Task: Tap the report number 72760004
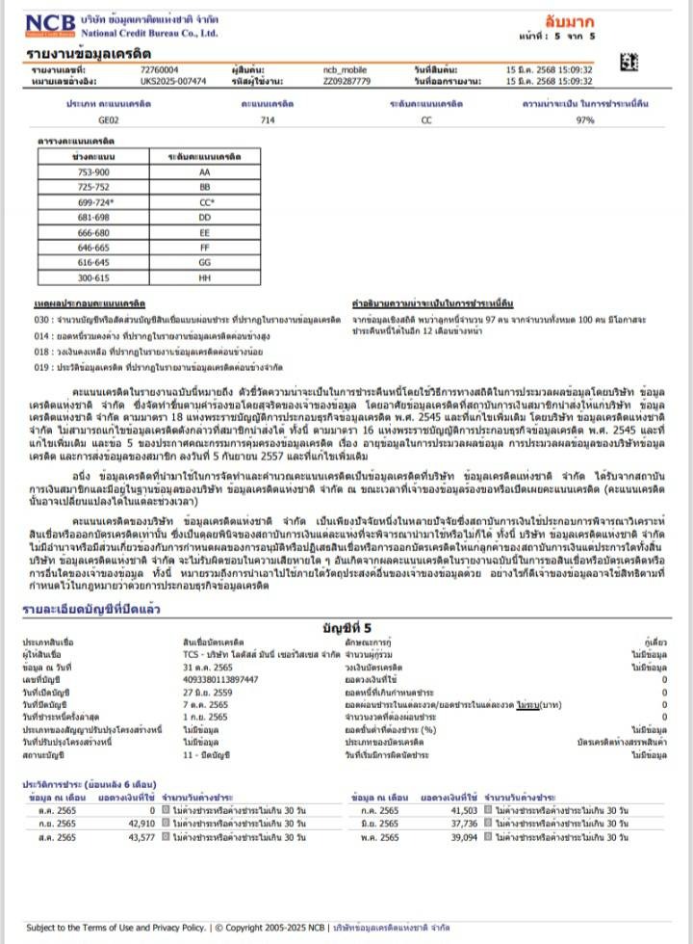(159, 70)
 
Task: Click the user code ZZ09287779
(346, 81)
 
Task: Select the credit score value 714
(268, 120)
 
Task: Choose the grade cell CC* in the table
(204, 202)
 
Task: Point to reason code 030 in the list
(41, 317)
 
